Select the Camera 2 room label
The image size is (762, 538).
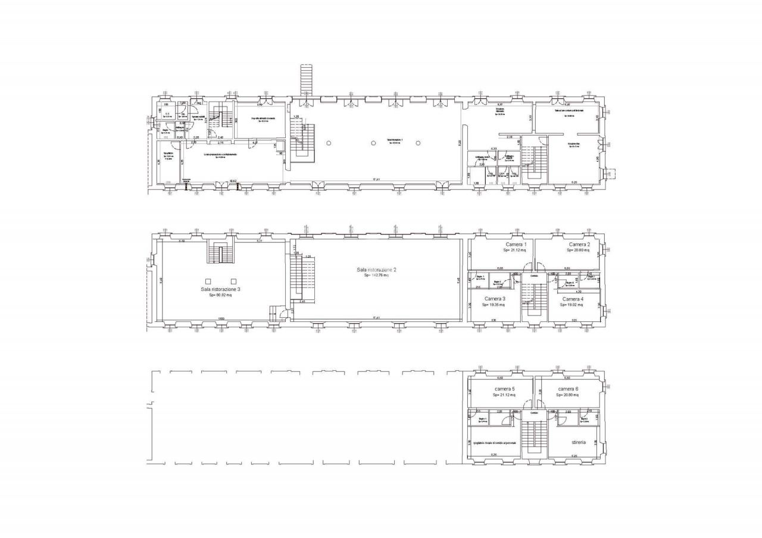[x=579, y=245]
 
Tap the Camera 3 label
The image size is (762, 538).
[x=495, y=299]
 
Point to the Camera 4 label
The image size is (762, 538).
[x=572, y=299]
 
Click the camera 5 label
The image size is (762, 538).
[x=504, y=389]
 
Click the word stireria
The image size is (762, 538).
[x=578, y=443]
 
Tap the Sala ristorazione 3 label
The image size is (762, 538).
[x=220, y=289]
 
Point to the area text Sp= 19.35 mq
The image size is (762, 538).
[x=494, y=305]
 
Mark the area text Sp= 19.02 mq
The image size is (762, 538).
[x=572, y=305]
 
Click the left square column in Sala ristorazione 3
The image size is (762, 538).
[x=208, y=281]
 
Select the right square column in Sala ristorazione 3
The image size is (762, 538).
[x=233, y=281]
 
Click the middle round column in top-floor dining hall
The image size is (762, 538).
[x=373, y=143]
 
